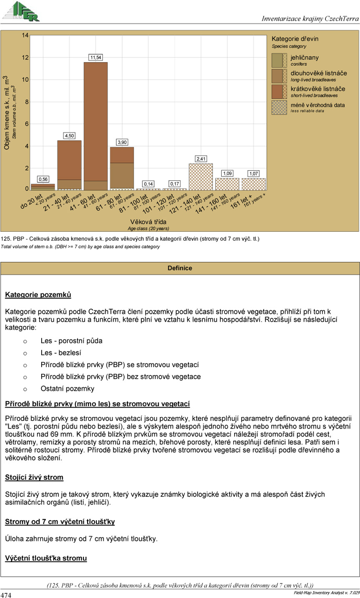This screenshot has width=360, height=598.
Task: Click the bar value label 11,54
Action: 96,57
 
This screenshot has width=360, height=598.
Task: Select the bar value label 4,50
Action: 69,135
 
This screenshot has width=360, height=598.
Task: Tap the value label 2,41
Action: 201,159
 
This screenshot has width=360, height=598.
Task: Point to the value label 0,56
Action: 43,179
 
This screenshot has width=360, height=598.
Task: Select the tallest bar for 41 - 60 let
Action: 96,125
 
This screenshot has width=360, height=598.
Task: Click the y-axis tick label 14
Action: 25,36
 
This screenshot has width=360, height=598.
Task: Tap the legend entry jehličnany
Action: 304,58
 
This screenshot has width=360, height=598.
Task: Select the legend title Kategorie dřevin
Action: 295,39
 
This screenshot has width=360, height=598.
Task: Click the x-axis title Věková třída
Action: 148,222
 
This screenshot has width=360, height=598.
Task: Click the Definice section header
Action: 180,268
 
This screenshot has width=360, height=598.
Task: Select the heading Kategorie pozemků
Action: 38,295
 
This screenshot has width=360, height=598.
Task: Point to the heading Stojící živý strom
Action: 34,477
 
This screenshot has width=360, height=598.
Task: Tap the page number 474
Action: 6,593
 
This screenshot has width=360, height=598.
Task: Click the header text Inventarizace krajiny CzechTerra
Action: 310,19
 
